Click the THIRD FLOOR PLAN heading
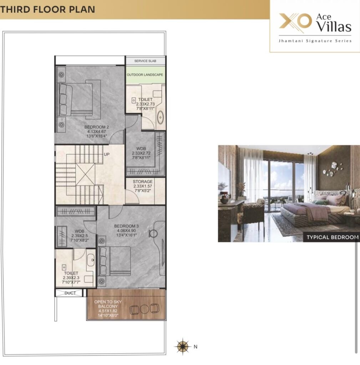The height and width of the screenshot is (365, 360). [48, 10]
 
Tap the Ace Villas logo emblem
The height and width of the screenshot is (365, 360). [295, 22]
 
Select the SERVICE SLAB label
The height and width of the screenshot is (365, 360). [145, 61]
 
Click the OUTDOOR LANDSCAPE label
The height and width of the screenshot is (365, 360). [145, 75]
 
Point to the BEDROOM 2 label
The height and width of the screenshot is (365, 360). [96, 127]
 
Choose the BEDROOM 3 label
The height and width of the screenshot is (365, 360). [126, 226]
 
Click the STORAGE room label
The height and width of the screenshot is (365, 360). [143, 181]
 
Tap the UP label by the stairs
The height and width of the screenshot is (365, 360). [106, 154]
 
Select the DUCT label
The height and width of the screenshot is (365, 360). [70, 293]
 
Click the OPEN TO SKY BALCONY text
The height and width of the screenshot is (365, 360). [108, 304]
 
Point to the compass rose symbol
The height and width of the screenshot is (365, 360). [183, 346]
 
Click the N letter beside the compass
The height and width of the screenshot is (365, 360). [196, 346]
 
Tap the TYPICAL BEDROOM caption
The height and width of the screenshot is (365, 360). [333, 237]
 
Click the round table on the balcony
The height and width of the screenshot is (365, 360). [144, 309]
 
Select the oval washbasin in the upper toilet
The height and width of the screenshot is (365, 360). [160, 117]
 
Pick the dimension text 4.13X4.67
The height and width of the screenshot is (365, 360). [96, 132]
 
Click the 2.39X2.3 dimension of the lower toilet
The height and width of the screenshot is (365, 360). [71, 278]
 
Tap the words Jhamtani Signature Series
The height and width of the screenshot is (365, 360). [315, 41]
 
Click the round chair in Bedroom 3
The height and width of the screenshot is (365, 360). [153, 233]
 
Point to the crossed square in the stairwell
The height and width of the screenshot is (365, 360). [85, 174]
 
